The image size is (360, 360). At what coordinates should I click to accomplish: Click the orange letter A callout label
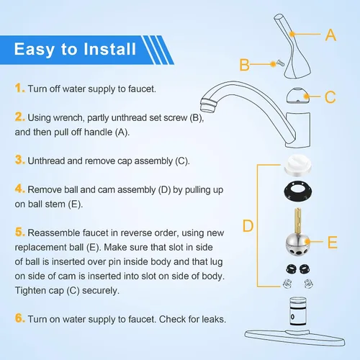pos(330,35)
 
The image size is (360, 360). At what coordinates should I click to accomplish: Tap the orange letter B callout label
pos(245,65)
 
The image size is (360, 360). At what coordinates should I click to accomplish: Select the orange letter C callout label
pos(330,97)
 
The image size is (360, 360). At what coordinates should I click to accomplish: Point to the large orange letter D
pos(248,225)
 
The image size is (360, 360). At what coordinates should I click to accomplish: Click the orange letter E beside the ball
pos(333,242)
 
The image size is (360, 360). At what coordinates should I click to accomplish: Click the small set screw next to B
pos(280,63)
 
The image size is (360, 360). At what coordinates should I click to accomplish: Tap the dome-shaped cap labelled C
pos(298,96)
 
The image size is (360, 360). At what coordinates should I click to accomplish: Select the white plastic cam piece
pos(297,165)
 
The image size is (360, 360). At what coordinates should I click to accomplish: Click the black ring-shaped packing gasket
pos(298,191)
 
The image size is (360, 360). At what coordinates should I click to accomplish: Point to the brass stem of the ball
pos(298,222)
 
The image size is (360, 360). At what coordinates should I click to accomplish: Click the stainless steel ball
pos(298,245)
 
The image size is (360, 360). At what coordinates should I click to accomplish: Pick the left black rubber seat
pos(291,269)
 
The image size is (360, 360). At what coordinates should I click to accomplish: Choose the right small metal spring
pos(308,284)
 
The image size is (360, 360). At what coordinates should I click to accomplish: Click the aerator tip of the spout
pos(208,105)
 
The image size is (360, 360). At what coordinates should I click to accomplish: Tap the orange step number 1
pos(19,88)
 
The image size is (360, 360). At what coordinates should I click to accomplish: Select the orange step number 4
pos(19,189)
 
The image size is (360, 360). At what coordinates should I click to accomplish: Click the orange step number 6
pos(19,318)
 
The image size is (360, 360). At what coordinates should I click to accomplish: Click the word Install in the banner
pos(109,49)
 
